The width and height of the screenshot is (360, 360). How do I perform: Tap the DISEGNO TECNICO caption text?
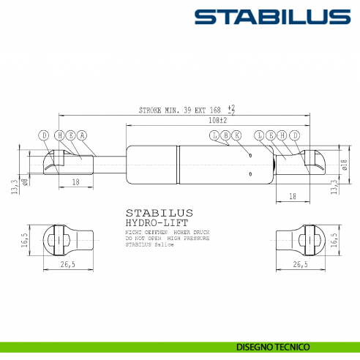[x=273, y=346]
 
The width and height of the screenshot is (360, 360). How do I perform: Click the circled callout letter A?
[x=82, y=135]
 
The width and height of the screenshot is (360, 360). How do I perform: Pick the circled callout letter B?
[x=225, y=135]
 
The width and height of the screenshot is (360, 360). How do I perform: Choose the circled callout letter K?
[x=236, y=135]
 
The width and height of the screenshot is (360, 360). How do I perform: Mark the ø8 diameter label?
[x=25, y=180]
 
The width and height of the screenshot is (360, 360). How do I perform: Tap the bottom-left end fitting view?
[x=67, y=240]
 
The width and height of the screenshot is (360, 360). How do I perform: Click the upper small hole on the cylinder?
[x=250, y=155]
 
